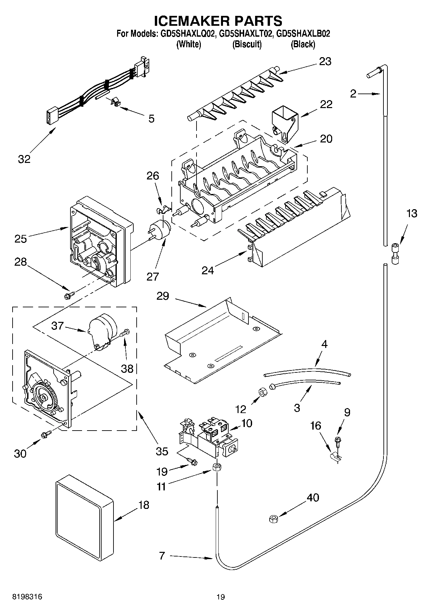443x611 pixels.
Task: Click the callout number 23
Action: (325, 61)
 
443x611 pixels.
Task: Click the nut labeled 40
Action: (273, 519)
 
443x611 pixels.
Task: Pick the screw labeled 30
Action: (46, 435)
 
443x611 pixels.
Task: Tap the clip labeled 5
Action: (114, 102)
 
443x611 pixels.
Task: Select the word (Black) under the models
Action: (302, 44)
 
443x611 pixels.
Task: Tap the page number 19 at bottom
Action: (221, 597)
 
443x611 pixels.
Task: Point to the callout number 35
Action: (161, 451)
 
